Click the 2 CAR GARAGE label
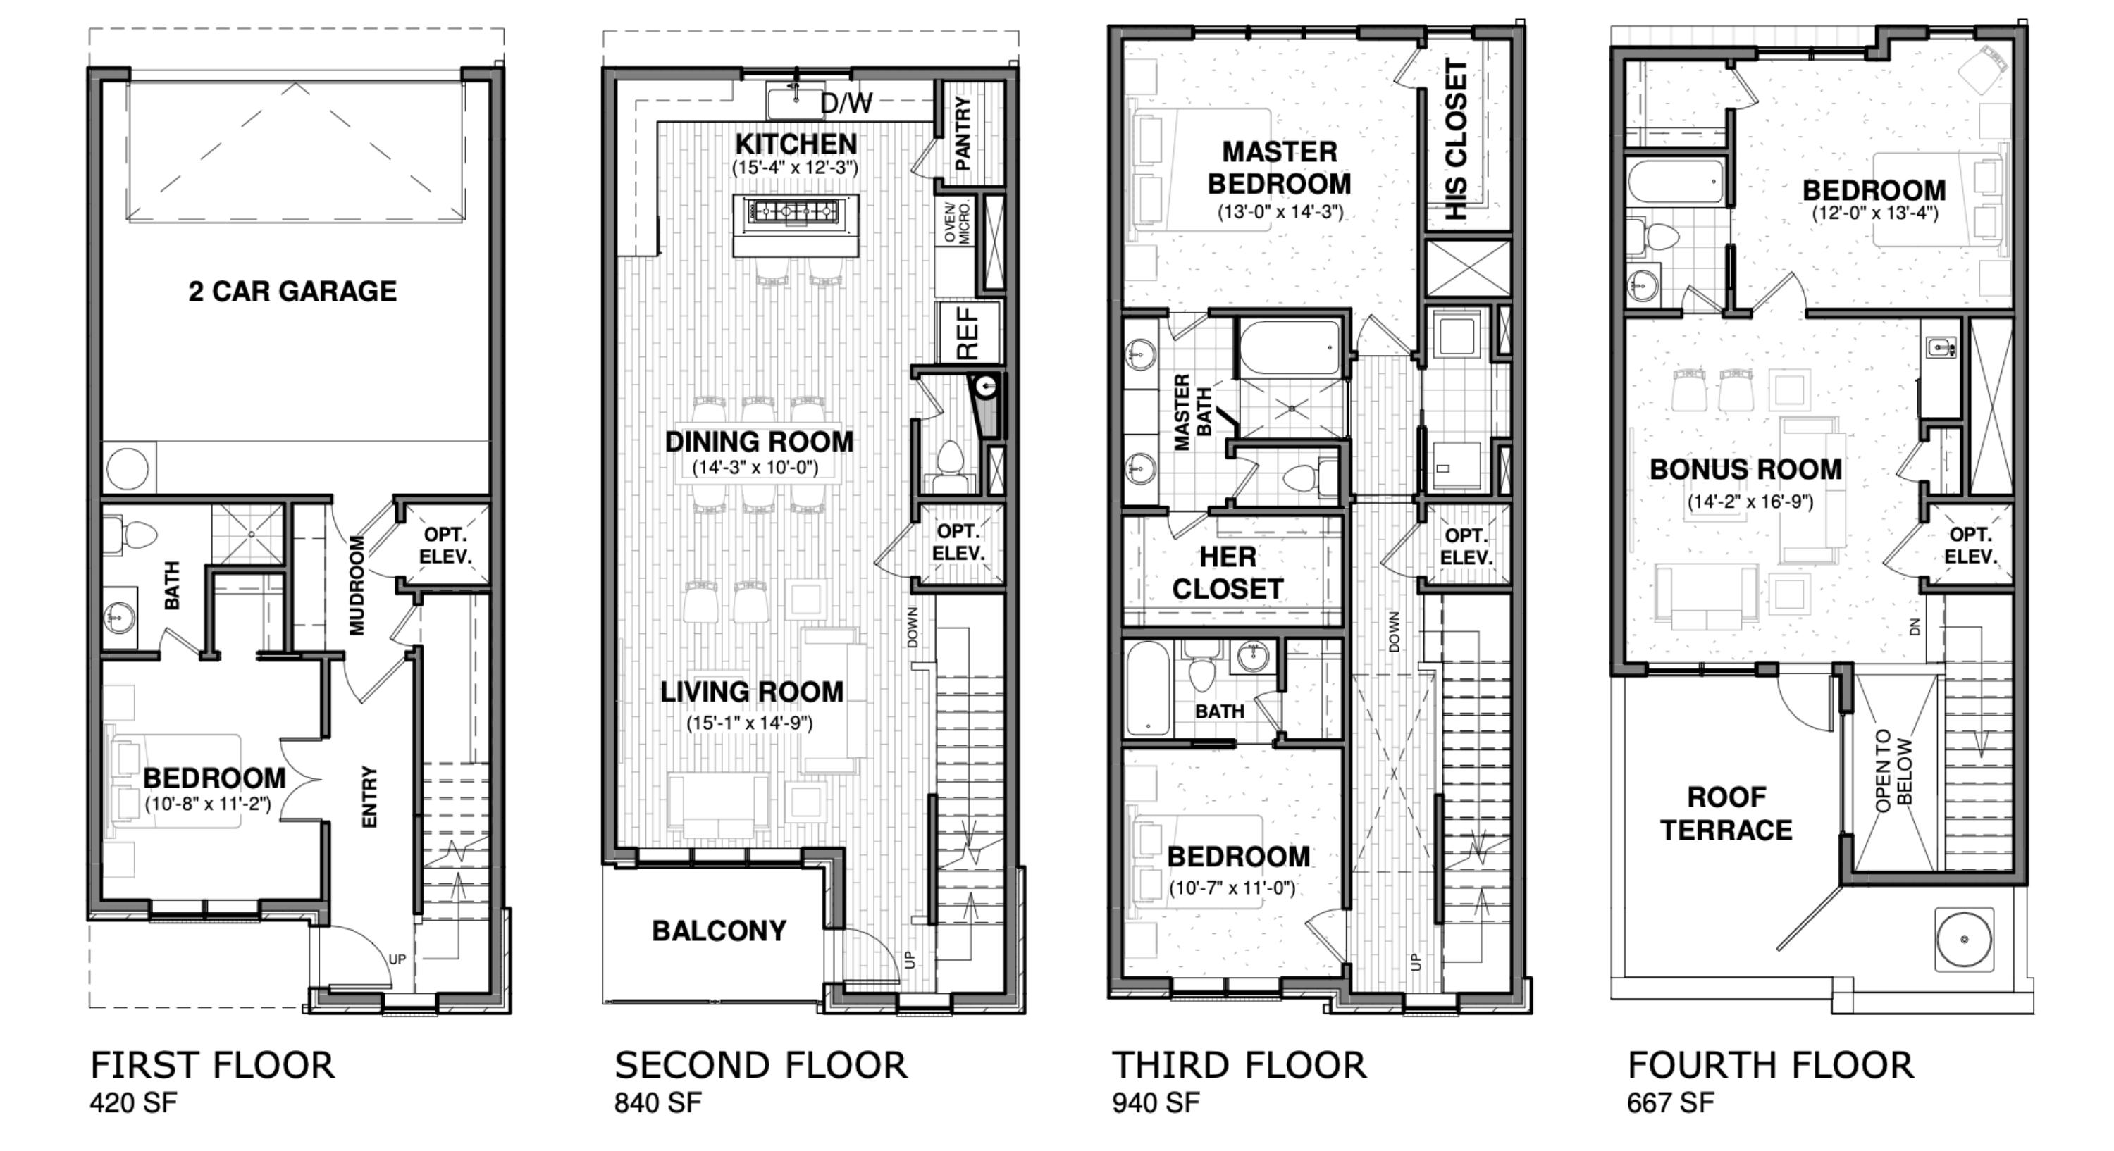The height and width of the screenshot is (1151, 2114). point(292,291)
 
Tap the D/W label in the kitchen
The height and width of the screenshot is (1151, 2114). point(846,104)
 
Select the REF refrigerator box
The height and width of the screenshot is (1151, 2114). point(968,333)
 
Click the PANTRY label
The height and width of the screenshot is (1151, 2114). point(963,133)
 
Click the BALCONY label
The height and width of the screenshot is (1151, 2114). point(719,931)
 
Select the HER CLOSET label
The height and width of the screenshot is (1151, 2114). point(1227,573)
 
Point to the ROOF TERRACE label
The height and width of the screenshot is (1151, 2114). point(1726,813)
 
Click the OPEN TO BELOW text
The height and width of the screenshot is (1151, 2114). point(1893,771)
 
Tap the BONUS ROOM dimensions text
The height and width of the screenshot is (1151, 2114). point(1750,502)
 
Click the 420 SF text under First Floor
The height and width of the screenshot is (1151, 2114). point(133,1102)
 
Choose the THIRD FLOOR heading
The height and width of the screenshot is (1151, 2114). point(1238,1065)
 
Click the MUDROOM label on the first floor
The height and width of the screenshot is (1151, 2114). point(357,585)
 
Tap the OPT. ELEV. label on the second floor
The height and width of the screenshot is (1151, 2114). point(958,542)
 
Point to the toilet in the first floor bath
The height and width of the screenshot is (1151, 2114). point(135,534)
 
